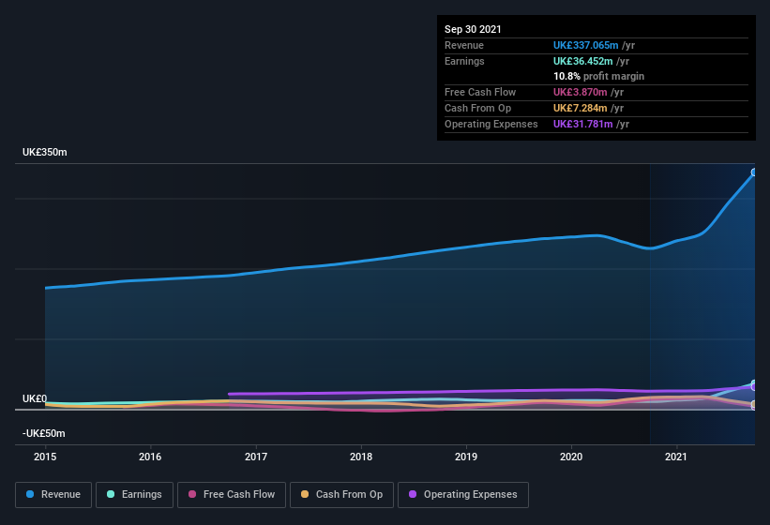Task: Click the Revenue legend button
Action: (x=53, y=494)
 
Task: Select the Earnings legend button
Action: (x=134, y=494)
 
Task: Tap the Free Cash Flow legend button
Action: (x=231, y=494)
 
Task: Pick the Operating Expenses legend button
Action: (x=462, y=494)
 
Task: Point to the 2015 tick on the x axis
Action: (x=45, y=457)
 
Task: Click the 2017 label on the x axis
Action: (x=256, y=457)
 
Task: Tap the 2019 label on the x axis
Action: (x=467, y=457)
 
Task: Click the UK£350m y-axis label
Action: (x=46, y=152)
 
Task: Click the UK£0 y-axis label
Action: (x=35, y=398)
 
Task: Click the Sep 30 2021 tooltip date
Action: (x=473, y=29)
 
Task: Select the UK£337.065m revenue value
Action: (x=585, y=45)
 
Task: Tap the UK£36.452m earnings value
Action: (x=582, y=61)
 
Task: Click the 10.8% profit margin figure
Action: (x=566, y=76)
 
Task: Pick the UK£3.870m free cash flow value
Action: (x=579, y=92)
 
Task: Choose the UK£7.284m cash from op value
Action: (x=579, y=108)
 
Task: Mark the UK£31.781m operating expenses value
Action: (x=582, y=124)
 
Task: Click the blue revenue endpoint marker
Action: (x=754, y=172)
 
